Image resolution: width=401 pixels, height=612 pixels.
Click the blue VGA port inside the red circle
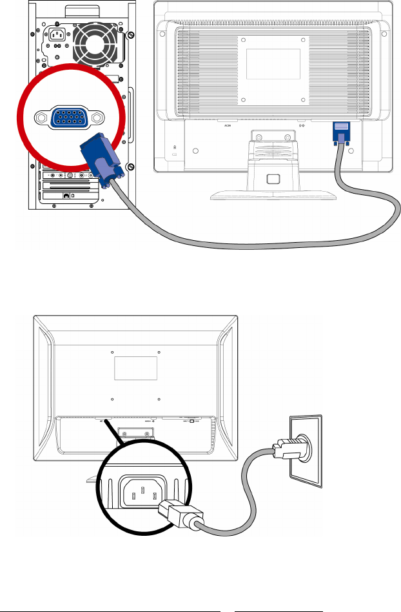[69, 118]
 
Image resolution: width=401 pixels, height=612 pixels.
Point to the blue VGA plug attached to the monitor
[340, 134]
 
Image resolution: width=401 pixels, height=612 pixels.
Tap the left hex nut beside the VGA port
[41, 118]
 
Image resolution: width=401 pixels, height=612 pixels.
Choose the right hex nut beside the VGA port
[97, 118]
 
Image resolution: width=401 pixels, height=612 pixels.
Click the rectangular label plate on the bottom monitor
[136, 369]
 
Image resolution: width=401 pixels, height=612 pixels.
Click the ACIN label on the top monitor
[227, 126]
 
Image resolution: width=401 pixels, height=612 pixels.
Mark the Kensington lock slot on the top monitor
[175, 148]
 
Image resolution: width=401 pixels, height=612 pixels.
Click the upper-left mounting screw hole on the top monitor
[244, 41]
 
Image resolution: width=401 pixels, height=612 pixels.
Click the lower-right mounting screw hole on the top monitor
[303, 100]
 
